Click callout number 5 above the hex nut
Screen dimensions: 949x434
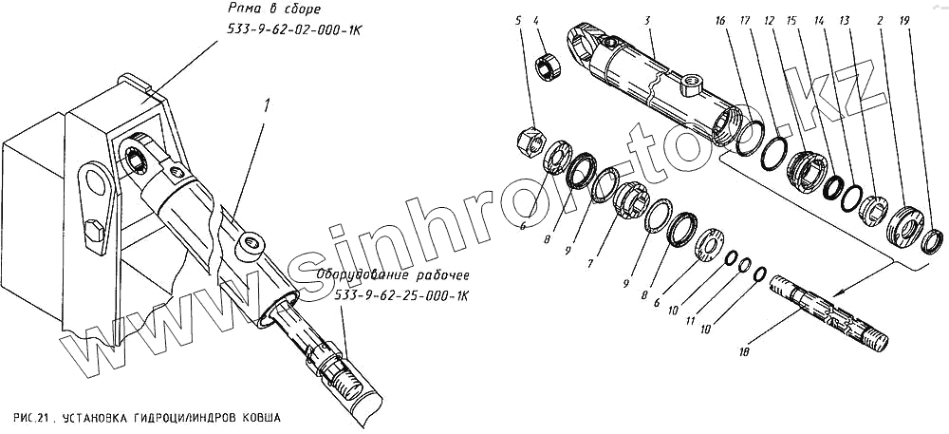click(x=518, y=21)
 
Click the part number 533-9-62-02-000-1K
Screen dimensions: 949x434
click(x=283, y=30)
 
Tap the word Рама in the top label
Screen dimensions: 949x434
click(x=245, y=9)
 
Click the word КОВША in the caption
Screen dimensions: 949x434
click(x=261, y=418)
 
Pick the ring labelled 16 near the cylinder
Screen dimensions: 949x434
click(x=751, y=138)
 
